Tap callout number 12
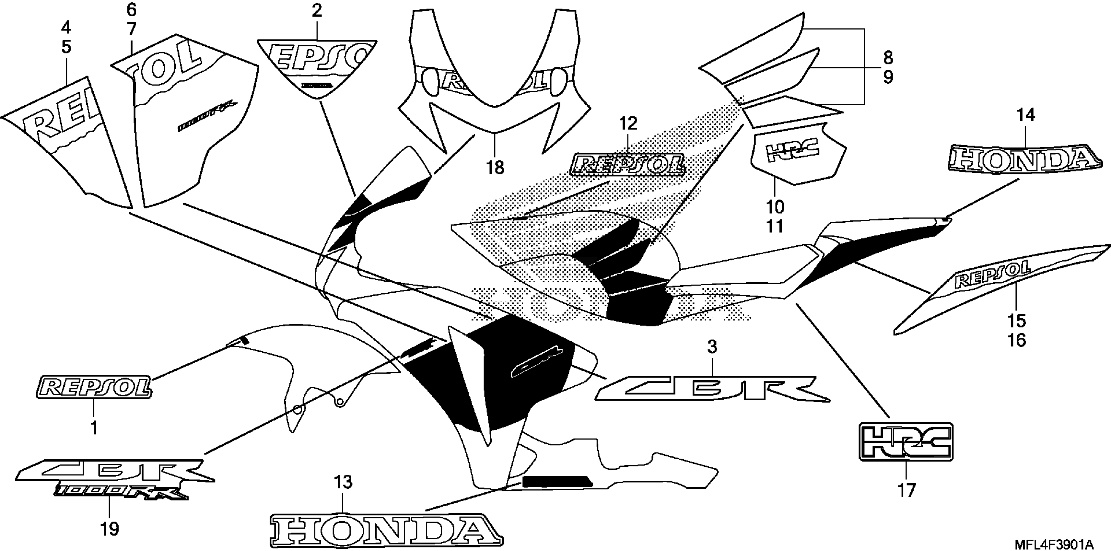(x=628, y=124)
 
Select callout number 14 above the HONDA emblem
(x=1026, y=115)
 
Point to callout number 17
(x=906, y=491)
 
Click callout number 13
(x=343, y=482)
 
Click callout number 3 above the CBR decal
(x=712, y=347)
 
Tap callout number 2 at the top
(x=317, y=11)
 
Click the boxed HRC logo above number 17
(x=906, y=442)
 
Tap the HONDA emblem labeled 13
(x=386, y=531)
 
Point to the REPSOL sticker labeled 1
(x=94, y=387)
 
